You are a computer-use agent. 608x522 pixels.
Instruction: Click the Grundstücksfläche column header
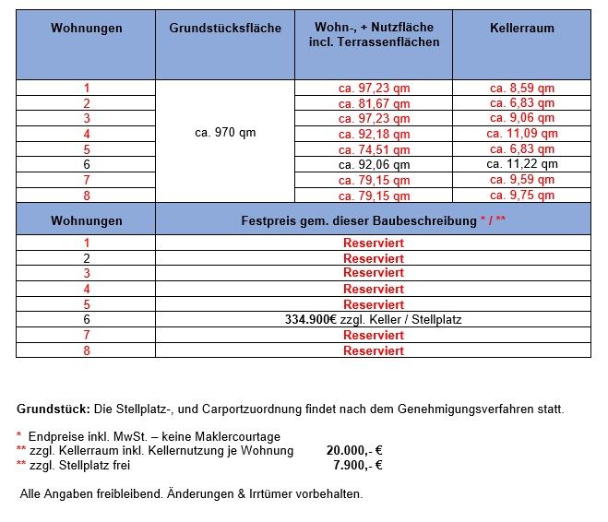(225, 29)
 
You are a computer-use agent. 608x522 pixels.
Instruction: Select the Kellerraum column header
(521, 29)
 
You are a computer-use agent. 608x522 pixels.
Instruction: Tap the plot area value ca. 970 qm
(225, 133)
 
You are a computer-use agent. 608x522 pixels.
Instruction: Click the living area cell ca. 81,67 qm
(374, 103)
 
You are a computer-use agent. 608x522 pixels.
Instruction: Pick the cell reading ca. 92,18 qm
(374, 134)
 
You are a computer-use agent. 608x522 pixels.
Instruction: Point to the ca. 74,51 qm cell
(374, 149)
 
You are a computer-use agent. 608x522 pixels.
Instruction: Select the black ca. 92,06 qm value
(374, 164)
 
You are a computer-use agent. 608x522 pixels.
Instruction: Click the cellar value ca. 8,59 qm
(521, 88)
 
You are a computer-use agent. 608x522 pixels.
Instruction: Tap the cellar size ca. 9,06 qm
(521, 118)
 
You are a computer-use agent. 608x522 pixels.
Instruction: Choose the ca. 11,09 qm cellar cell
(521, 134)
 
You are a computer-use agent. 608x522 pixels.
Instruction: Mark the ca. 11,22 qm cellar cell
(521, 164)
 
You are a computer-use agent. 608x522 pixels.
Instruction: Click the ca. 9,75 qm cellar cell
(521, 196)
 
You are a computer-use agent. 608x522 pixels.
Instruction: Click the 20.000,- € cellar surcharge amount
(354, 451)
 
